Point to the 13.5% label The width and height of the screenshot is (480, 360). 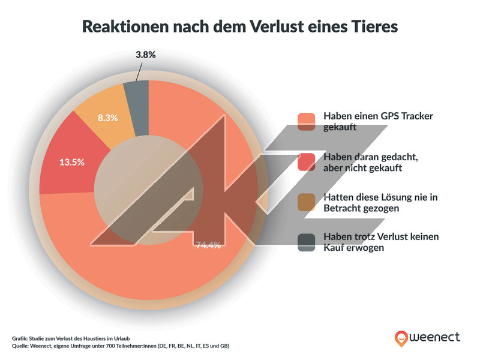[71, 162]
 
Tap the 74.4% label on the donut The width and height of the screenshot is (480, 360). [208, 245]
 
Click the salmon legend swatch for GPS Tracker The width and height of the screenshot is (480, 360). [306, 121]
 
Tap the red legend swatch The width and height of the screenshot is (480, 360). [306, 161]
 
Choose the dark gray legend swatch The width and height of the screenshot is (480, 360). [306, 241]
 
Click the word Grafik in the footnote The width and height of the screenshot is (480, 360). [20, 338]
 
